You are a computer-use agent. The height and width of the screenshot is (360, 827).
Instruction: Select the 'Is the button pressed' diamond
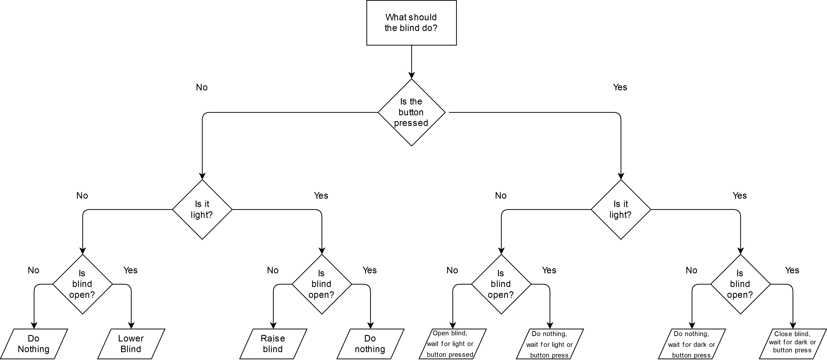(411, 112)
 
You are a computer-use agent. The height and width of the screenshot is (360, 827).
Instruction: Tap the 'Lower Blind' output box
(131, 344)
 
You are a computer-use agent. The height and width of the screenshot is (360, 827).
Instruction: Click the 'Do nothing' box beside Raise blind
(370, 344)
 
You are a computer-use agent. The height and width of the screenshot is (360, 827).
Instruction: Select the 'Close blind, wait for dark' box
(792, 344)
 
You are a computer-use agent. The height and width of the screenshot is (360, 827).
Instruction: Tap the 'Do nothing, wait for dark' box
(692, 344)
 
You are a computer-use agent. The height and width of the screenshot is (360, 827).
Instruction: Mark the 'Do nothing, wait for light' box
(550, 344)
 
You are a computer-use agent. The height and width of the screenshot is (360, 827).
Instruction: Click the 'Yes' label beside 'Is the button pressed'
(620, 87)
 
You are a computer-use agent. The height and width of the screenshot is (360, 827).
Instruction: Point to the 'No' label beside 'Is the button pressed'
(202, 87)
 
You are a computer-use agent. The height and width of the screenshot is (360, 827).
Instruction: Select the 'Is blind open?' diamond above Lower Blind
(83, 284)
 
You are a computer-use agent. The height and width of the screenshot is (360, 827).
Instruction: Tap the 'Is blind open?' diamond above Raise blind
(322, 284)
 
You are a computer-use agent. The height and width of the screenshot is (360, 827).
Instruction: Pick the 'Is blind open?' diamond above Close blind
(740, 284)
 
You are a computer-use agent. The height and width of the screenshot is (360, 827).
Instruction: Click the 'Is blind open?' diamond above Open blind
(501, 284)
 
